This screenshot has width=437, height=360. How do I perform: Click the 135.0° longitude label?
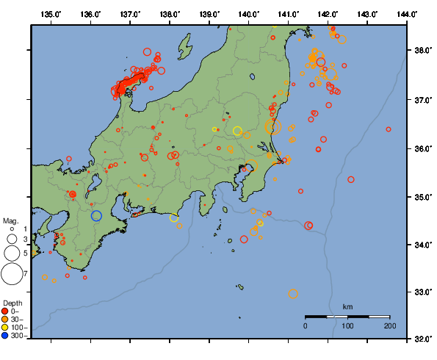51,14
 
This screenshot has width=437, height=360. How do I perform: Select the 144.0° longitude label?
408,14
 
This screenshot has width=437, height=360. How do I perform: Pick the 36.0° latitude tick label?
422,148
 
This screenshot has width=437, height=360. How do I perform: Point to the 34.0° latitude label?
422,245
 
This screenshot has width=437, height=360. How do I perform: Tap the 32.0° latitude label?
422,339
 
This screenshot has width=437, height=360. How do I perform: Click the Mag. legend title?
10,220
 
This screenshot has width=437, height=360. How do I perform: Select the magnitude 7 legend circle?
12,274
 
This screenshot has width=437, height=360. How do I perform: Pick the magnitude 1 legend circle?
12,229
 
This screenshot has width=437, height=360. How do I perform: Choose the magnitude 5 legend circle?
12,253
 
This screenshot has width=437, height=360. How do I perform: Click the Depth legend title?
12,303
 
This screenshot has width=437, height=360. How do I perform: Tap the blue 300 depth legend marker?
7,336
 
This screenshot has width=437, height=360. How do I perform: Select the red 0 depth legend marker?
7,312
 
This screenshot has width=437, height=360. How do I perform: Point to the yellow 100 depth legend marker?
7,328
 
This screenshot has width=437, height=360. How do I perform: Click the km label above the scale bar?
348,306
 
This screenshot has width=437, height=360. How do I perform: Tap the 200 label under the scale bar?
389,325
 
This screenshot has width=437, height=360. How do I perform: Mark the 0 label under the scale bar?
306,325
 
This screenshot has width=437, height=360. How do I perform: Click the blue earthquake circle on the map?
96,215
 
